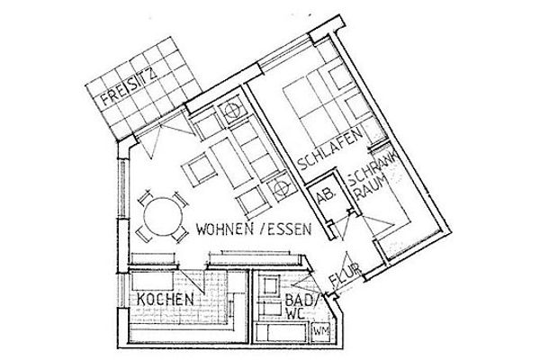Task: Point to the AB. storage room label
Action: point(324,193)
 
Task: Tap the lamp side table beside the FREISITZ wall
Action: point(233,112)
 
